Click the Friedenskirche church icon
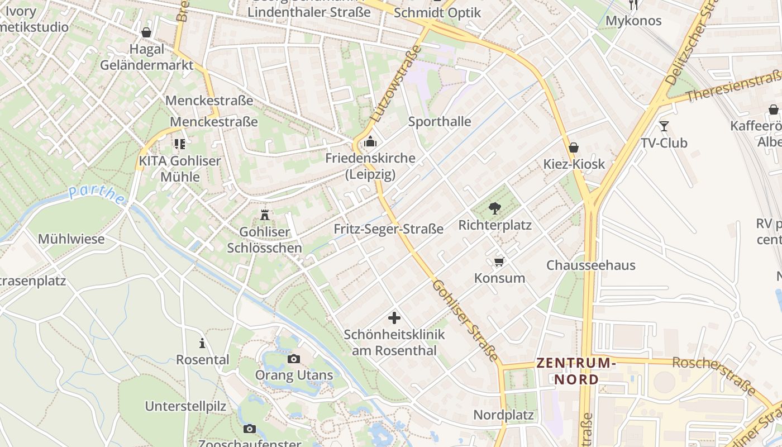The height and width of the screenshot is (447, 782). (x=370, y=142)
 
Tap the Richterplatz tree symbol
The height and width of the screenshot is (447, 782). (x=494, y=208)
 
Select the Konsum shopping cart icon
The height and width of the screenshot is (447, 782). (x=499, y=261)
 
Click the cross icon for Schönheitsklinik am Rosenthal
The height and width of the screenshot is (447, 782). (x=394, y=318)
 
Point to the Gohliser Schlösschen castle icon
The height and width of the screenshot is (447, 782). (x=265, y=215)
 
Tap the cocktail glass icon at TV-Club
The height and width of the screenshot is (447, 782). (x=664, y=126)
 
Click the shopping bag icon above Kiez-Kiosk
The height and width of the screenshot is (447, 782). (x=573, y=148)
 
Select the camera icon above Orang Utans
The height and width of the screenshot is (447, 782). (x=294, y=359)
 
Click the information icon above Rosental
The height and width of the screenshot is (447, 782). (x=202, y=343)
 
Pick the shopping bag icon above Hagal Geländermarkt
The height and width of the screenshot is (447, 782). (x=146, y=32)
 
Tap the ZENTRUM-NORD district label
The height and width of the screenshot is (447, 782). (x=576, y=371)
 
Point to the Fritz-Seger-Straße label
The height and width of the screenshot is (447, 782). (x=389, y=229)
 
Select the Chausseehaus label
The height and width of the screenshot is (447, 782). (x=591, y=265)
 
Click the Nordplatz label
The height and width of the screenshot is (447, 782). (x=503, y=415)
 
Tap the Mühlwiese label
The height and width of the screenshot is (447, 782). (x=71, y=239)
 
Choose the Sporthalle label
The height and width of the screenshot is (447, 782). (x=440, y=122)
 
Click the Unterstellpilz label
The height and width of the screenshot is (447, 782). (x=185, y=406)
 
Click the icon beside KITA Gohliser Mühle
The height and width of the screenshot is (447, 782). (x=179, y=144)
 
